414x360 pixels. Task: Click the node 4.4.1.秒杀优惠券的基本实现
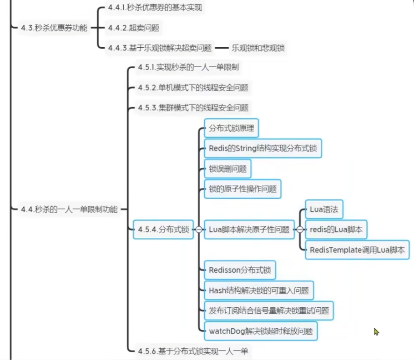155,8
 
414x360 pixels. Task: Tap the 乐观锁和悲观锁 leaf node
258,47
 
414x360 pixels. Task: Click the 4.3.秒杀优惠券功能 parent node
54,28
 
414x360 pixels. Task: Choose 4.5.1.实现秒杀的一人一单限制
188,67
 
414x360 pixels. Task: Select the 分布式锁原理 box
231,129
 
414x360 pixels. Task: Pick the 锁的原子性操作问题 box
242,189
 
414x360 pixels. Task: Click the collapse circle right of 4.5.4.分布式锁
199,230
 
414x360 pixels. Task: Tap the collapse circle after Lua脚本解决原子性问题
300,230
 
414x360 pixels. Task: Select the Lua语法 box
323,210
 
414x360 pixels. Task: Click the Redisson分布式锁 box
240,270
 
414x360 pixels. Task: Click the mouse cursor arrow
376,331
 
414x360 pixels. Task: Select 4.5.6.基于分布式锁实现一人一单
193,350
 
